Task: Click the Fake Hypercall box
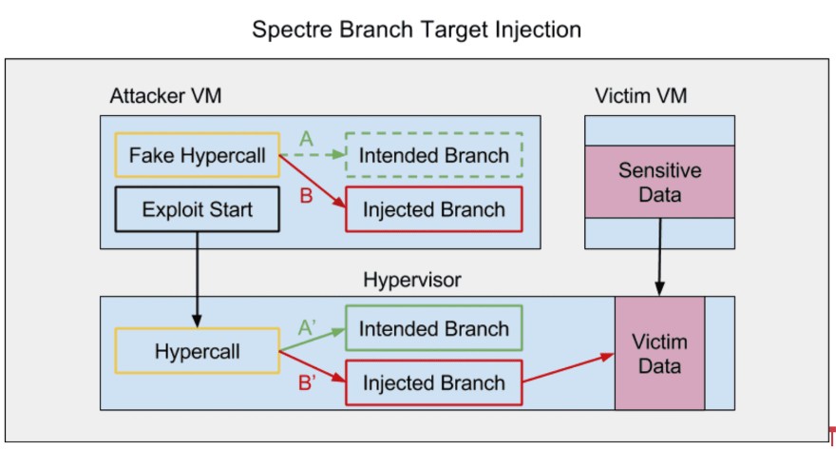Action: [x=197, y=155]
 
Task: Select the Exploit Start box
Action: [x=197, y=209]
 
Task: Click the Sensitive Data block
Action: [x=659, y=184]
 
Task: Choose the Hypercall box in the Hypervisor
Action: [x=197, y=352]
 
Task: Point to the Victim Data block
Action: [x=659, y=353]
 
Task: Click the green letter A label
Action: [x=306, y=140]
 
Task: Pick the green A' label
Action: [x=309, y=326]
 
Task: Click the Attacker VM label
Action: [x=164, y=96]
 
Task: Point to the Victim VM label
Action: [x=640, y=96]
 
